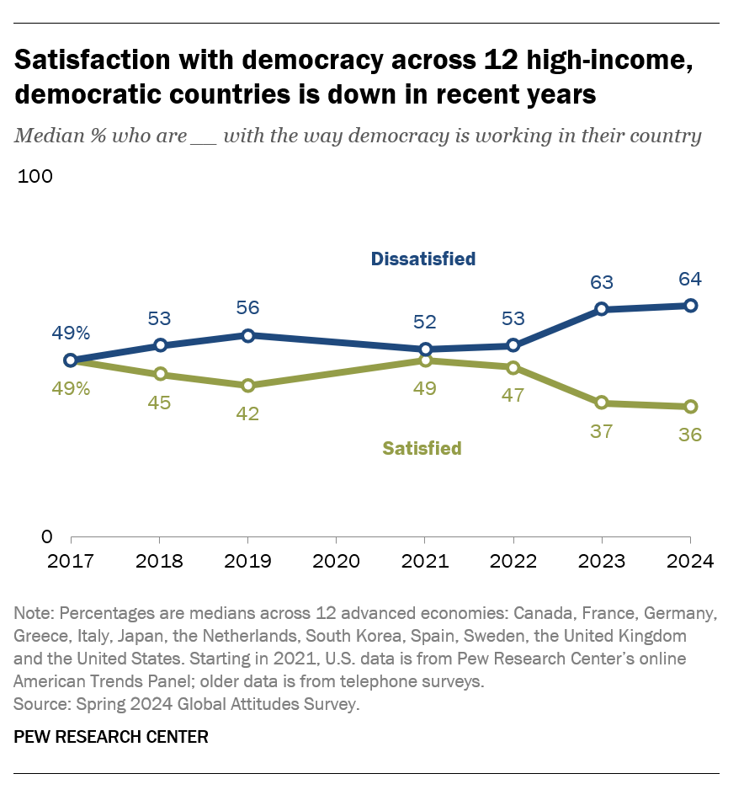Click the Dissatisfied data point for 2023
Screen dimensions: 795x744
601,309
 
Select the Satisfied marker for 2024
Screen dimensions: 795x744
690,407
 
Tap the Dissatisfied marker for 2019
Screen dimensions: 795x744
247,335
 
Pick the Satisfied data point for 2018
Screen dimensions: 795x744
160,374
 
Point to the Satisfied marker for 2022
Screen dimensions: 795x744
513,367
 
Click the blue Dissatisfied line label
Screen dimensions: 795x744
423,259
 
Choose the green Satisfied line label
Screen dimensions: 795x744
422,448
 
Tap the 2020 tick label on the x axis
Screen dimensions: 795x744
336,562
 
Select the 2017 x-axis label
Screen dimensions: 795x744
71,562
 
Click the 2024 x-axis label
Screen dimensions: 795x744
690,562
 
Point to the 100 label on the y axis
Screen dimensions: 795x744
35,177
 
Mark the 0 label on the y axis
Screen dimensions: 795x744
46,537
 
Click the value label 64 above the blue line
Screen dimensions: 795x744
690,279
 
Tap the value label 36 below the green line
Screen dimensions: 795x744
690,435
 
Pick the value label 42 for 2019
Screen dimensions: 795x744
247,414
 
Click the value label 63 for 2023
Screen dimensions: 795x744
601,282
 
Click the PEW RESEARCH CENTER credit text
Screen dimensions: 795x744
111,737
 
